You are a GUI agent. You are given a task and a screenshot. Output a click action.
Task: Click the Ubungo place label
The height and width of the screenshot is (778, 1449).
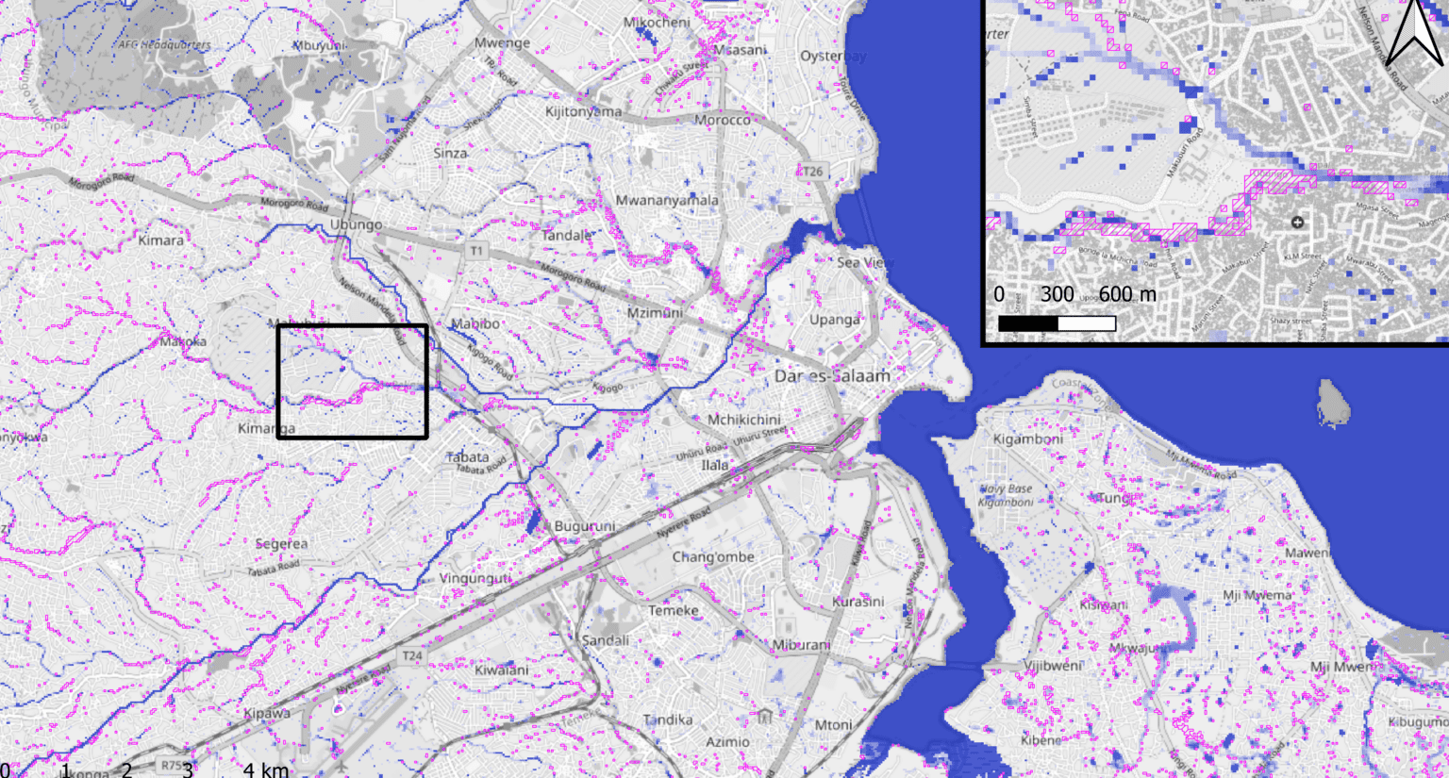point(356,224)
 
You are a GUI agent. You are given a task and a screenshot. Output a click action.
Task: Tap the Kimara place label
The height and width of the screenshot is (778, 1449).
point(160,240)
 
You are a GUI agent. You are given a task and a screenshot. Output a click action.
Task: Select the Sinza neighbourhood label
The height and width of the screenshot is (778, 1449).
point(451,153)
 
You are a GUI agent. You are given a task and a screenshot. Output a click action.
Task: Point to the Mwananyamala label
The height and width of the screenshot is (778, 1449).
point(666,200)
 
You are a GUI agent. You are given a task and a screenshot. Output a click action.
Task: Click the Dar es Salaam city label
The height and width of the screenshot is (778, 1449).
point(831,375)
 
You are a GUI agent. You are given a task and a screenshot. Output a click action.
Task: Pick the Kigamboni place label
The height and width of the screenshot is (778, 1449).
point(1027,439)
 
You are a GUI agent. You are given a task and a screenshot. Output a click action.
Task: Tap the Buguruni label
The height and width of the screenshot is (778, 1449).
point(584,526)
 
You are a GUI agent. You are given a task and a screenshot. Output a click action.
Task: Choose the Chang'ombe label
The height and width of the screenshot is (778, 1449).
point(712,557)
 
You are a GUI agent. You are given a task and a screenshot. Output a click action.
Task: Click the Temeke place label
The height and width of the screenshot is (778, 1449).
point(673,610)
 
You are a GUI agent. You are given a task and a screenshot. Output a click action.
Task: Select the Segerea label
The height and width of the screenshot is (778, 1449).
point(281,544)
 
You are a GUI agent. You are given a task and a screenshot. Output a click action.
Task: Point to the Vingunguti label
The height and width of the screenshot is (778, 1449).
point(475,578)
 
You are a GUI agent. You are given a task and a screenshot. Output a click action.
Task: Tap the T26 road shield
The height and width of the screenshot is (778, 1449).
point(812,172)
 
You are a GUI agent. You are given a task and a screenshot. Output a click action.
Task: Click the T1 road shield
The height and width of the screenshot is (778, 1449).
point(476,251)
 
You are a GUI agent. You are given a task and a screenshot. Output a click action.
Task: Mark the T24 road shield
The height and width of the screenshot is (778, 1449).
point(412,655)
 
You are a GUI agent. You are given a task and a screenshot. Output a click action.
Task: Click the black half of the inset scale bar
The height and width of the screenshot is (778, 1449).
point(1028,323)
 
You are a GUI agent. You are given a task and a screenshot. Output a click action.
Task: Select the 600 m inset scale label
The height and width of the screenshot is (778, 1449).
point(1126,294)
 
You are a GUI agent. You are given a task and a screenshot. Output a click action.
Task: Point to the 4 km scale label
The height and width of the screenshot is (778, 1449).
point(266,770)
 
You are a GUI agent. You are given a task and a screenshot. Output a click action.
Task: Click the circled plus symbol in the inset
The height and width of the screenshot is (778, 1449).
point(1297,223)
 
